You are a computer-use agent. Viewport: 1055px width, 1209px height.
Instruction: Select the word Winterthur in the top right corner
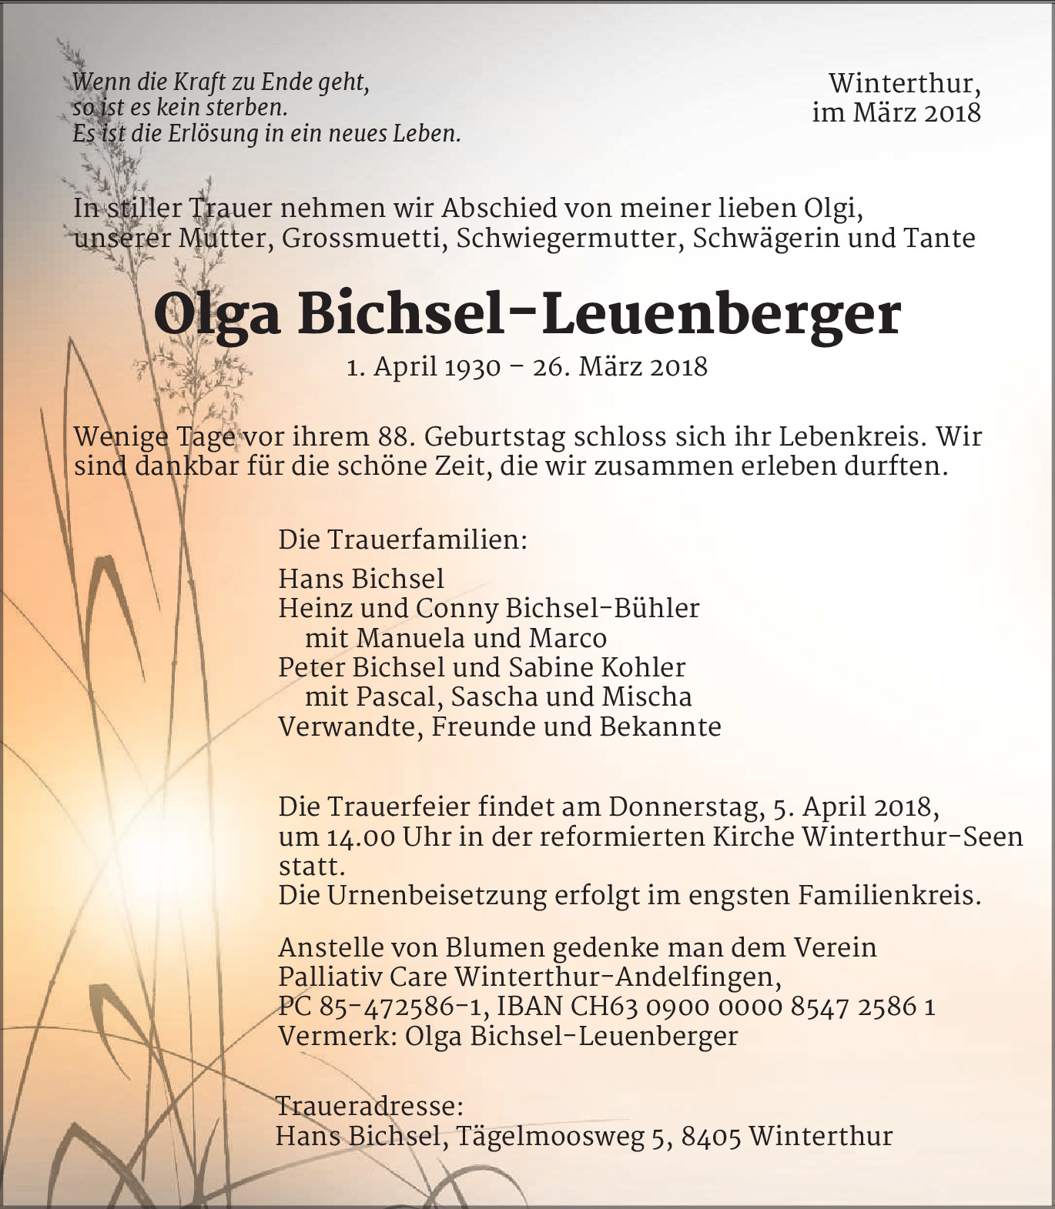coord(904,83)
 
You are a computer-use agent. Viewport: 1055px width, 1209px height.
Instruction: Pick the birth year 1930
coord(473,367)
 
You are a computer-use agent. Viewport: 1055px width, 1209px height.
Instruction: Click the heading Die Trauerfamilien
coord(403,539)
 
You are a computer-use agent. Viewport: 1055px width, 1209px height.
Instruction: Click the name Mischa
coord(647,696)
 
